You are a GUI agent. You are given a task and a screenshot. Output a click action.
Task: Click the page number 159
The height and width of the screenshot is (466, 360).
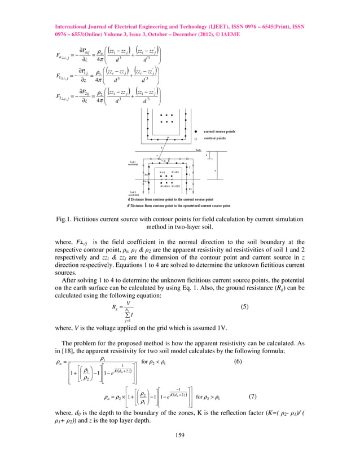point(180,434)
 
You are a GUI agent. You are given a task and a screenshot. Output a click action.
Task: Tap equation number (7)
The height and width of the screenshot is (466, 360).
point(252,395)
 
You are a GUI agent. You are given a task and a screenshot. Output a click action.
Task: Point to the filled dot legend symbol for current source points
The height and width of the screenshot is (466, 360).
point(196,131)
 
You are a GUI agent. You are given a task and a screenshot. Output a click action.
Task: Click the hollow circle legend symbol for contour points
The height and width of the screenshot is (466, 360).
point(196,138)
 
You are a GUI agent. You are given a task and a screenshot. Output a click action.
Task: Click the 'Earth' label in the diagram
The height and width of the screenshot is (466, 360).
point(198,150)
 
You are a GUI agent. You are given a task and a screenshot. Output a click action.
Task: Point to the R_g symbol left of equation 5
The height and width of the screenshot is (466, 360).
point(115,308)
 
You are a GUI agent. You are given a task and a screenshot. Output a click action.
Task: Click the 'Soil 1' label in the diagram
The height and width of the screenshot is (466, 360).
point(132,161)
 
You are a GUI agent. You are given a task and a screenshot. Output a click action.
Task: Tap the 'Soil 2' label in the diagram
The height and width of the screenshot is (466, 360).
point(132,192)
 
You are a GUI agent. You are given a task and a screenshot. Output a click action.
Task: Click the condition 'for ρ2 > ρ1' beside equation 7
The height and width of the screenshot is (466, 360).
point(212,397)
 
